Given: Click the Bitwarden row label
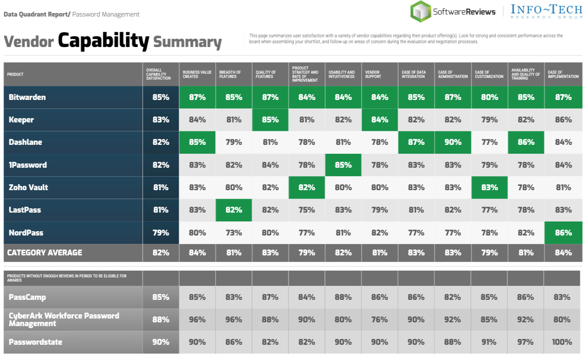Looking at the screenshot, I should click(x=27, y=97).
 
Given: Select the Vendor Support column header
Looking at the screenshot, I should click(x=373, y=75).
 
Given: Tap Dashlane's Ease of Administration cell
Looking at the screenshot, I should click(x=452, y=142).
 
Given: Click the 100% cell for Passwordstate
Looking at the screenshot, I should click(x=562, y=342).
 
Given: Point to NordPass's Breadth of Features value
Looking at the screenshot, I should click(x=234, y=233).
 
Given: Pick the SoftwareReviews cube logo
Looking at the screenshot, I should click(x=420, y=11).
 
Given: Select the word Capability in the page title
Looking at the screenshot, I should click(x=103, y=41).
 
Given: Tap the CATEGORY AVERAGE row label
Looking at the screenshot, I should click(x=44, y=253).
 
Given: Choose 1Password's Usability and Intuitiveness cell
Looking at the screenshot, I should click(x=343, y=165).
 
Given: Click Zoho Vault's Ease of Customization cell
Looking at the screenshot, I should click(x=489, y=188).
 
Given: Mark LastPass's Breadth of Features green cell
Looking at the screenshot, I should click(x=234, y=210).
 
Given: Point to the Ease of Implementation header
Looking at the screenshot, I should click(x=563, y=75).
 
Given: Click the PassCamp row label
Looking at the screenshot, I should click(x=28, y=297).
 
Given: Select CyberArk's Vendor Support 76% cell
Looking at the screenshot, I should click(x=379, y=320).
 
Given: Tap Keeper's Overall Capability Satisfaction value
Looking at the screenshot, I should click(x=161, y=120).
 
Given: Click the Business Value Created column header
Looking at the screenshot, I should click(x=197, y=75).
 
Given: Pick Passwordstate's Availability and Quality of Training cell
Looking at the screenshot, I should click(x=526, y=342).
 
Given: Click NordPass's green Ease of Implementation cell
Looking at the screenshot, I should click(x=563, y=233).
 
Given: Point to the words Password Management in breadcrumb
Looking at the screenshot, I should click(x=106, y=14).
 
